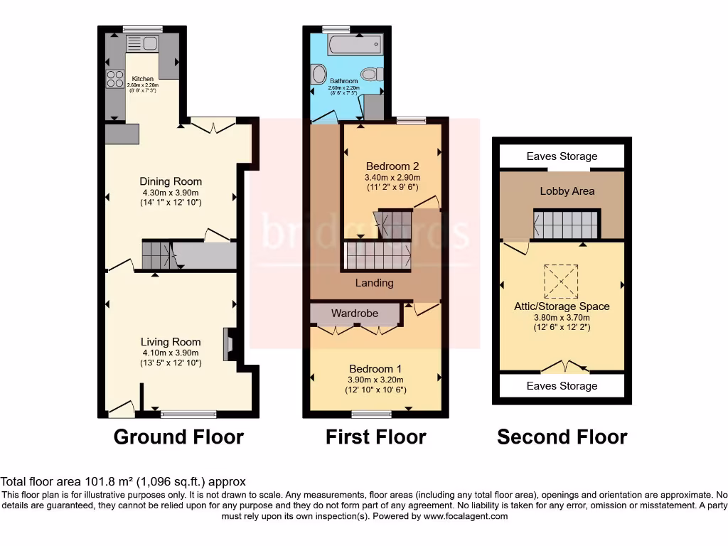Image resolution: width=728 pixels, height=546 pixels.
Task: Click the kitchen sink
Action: [142, 44]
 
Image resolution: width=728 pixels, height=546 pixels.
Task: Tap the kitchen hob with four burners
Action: [115, 80]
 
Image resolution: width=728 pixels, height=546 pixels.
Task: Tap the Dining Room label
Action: [171, 181]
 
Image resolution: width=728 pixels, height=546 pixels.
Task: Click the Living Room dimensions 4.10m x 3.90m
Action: [171, 353]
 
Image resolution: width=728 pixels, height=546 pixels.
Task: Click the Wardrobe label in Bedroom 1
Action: [355, 314]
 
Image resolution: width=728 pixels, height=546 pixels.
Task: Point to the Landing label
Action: [374, 283]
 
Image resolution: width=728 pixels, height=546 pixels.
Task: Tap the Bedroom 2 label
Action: [392, 166]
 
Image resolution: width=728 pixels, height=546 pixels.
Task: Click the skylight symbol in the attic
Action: [562, 282]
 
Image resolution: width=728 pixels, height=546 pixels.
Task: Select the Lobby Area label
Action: [567, 191]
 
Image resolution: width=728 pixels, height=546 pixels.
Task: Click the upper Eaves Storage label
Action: [562, 156]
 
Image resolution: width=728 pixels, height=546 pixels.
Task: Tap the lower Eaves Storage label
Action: [562, 386]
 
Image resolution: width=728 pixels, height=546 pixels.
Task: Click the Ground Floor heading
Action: [178, 437]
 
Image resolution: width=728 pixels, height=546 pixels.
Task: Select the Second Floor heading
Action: [562, 437]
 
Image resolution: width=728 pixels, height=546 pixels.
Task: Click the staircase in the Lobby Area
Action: [567, 224]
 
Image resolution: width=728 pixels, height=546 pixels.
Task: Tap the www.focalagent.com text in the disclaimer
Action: [465, 516]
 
